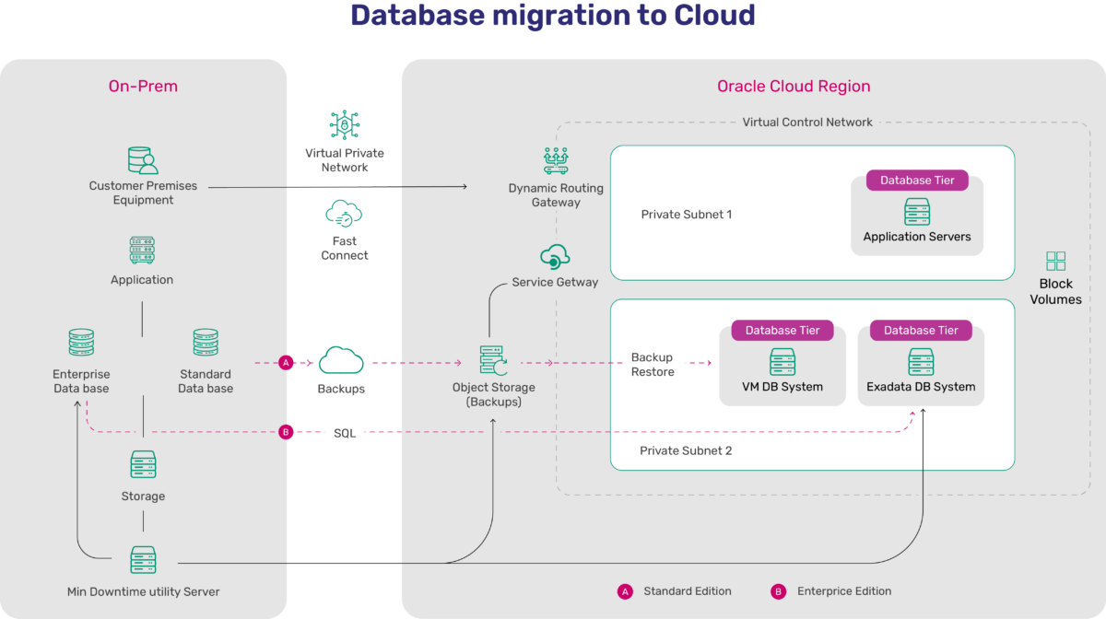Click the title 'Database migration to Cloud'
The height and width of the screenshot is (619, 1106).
(552, 17)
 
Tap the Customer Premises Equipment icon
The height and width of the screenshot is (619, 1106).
(143, 160)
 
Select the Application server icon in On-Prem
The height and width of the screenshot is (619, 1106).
(142, 251)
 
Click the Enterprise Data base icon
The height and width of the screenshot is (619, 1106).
(81, 344)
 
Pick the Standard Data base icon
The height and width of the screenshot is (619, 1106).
(206, 344)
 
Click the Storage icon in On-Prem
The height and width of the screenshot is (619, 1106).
(143, 465)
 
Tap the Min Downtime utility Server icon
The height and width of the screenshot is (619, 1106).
(143, 560)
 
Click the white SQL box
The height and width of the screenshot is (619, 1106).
(345, 432)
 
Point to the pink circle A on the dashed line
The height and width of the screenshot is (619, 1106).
(286, 363)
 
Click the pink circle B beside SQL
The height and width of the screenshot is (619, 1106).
(286, 432)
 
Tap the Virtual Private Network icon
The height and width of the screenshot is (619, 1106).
(345, 125)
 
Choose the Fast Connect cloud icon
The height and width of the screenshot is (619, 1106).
(345, 215)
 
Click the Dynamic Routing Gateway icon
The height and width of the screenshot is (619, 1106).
(556, 161)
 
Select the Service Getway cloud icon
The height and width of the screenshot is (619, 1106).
(556, 257)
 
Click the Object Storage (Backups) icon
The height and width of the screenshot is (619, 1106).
(493, 361)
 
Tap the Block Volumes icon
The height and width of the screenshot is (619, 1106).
(1055, 261)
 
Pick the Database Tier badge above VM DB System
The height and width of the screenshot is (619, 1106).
(782, 331)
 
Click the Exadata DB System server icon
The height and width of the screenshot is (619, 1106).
(921, 361)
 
